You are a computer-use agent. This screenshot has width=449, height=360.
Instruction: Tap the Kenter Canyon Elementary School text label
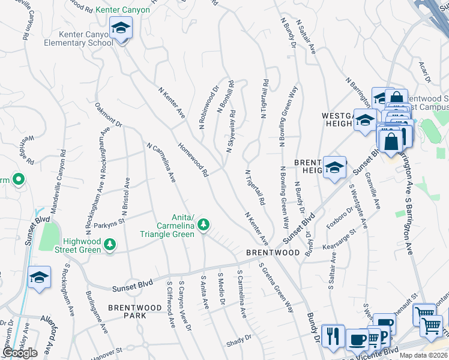pos(86,38)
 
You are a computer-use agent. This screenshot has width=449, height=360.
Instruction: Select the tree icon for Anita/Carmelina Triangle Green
pos(204,224)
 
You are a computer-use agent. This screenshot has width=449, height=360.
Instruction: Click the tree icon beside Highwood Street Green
pos(109,244)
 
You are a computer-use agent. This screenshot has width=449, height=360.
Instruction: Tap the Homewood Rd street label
pos(193,159)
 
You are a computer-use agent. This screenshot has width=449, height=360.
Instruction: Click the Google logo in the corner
pos(19,353)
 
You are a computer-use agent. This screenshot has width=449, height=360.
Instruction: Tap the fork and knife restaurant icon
pos(332,335)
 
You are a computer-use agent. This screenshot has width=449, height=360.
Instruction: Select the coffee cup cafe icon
pos(358,339)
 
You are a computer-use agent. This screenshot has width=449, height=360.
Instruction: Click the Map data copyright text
pos(423,355)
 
